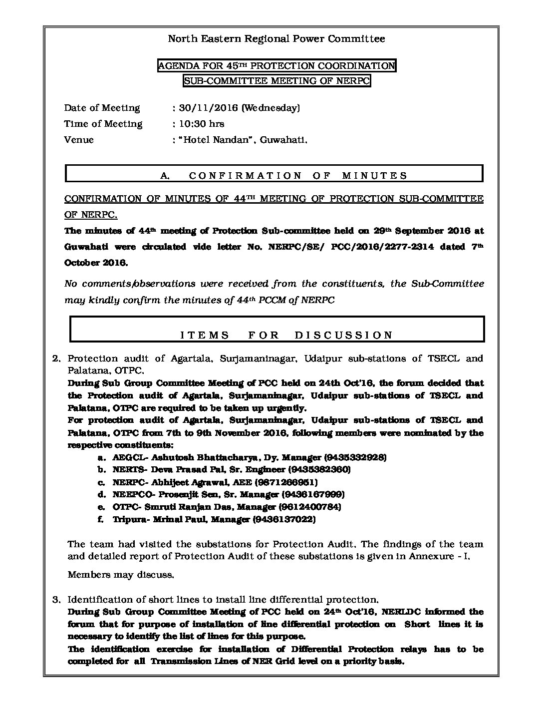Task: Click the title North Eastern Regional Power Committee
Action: (x=276, y=39)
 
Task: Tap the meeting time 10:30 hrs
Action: (x=201, y=124)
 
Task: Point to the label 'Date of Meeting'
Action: (x=102, y=108)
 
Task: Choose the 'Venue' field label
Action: (x=79, y=140)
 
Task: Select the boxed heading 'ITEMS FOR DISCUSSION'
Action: (x=286, y=335)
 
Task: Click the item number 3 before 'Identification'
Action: (x=56, y=599)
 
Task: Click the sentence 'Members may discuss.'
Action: (x=121, y=575)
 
